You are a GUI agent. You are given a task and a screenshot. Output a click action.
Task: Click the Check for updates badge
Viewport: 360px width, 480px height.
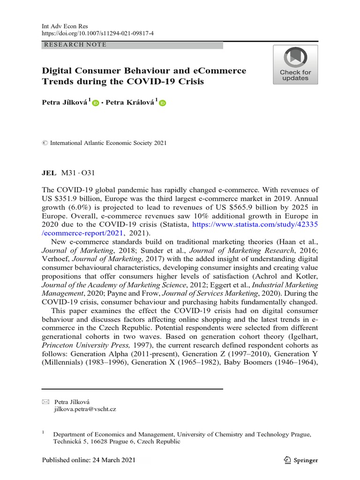click(x=295, y=65)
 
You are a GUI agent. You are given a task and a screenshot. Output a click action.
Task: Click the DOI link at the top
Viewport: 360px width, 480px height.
click(x=97, y=34)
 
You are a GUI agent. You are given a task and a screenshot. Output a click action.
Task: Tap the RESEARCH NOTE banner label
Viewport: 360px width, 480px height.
click(x=75, y=45)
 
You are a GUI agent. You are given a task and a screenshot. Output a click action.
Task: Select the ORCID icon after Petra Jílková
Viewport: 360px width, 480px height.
click(x=96, y=103)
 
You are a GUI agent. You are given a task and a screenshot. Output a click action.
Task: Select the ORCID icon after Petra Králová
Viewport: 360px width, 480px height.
click(x=163, y=103)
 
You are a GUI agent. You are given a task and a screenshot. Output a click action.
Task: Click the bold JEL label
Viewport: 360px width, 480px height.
click(x=49, y=172)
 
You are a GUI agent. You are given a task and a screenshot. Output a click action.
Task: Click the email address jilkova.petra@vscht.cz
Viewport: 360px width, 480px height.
click(x=85, y=409)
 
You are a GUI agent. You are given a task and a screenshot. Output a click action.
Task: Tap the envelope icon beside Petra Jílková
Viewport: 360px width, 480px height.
click(x=45, y=402)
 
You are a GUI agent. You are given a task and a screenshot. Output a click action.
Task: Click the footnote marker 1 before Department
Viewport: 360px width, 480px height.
click(x=43, y=433)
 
